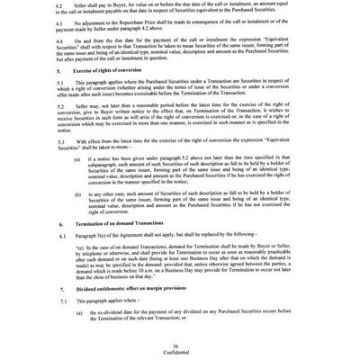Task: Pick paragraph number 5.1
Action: (x=58, y=108)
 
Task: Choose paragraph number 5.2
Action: (x=58, y=135)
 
